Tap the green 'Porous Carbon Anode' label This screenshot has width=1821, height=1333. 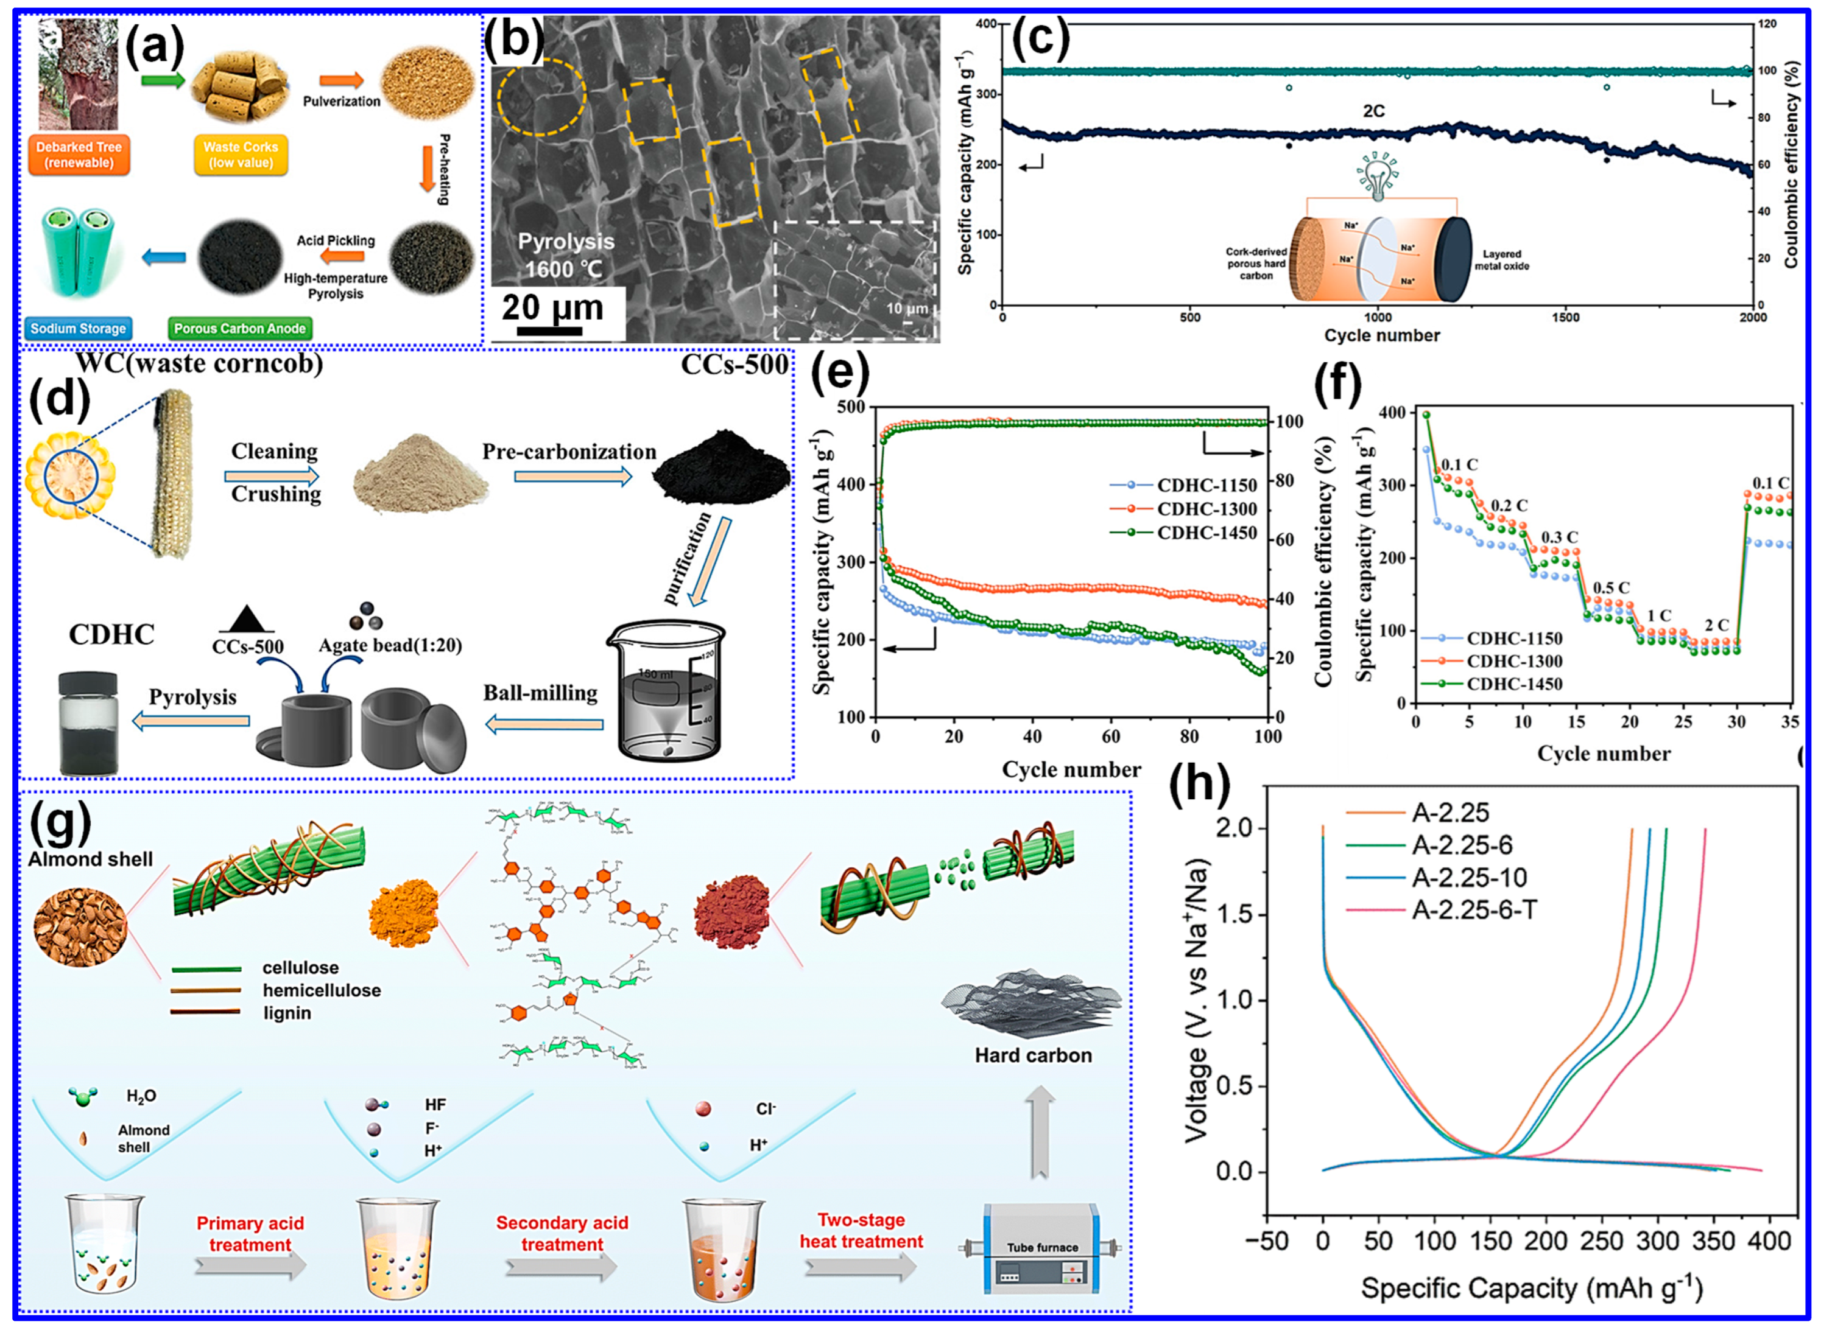240,329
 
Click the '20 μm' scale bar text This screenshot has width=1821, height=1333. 552,307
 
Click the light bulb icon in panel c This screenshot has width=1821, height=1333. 1378,175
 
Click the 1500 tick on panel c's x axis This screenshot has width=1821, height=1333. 1565,318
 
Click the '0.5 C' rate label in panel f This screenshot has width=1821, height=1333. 1611,587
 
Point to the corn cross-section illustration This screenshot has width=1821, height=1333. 70,474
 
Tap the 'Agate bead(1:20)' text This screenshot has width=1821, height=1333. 390,646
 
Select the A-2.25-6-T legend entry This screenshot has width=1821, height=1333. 1473,910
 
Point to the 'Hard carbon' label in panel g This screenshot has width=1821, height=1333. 1032,1055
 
